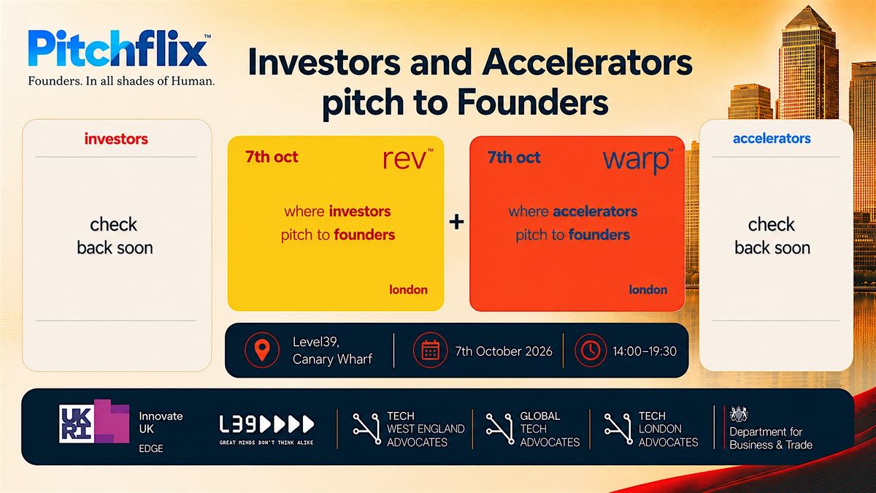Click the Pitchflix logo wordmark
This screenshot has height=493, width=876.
click(118, 48)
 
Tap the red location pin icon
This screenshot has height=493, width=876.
click(262, 349)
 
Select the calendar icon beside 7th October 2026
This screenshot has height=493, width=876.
click(430, 350)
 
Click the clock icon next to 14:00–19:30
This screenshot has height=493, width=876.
click(590, 350)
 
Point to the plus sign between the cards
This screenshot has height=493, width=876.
click(456, 223)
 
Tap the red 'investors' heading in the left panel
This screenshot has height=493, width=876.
click(116, 139)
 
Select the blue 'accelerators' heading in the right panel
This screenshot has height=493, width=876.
click(772, 138)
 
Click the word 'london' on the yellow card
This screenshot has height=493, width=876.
click(408, 289)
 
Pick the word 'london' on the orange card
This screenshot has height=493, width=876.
click(648, 289)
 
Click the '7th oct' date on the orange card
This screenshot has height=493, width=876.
click(514, 157)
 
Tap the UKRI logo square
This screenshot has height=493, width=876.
click(76, 424)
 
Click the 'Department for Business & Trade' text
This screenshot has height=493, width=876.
click(771, 438)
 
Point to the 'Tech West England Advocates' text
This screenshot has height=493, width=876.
click(426, 429)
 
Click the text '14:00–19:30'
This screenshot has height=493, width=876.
click(645, 351)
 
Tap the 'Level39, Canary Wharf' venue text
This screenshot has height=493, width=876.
click(332, 350)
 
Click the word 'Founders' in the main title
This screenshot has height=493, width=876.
click(533, 102)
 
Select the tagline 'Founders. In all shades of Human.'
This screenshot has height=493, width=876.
click(121, 81)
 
